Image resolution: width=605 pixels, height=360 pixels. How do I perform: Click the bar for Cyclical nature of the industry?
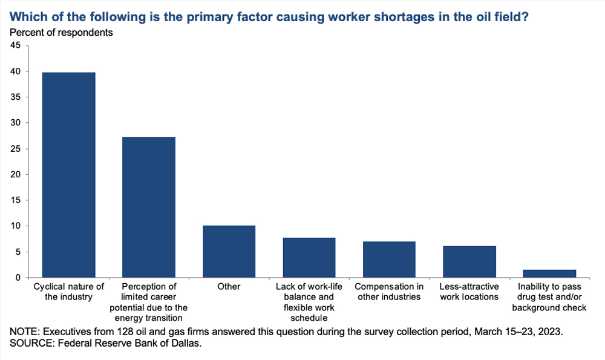(68, 175)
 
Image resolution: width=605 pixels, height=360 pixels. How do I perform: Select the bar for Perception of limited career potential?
(149, 207)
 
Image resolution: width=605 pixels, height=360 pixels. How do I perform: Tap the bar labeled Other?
(229, 252)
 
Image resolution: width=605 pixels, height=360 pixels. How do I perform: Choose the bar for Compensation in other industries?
(389, 260)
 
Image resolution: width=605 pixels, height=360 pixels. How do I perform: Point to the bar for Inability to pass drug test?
(549, 273)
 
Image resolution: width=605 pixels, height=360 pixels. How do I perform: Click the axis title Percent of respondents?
(61, 32)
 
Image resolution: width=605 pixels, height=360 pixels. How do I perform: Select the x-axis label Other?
(229, 287)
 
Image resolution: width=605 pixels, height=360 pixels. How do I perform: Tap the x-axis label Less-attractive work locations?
(469, 292)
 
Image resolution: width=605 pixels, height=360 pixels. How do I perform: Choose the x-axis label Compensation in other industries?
(389, 292)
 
